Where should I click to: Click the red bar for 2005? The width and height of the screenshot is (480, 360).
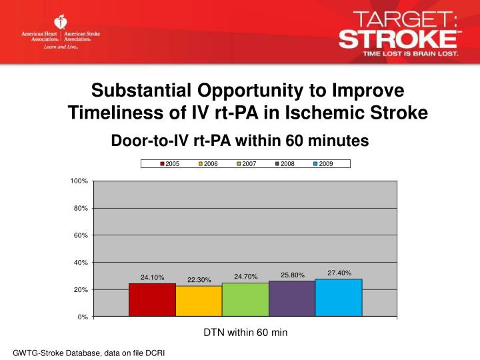(152, 300)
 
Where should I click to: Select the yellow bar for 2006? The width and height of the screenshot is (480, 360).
(199, 301)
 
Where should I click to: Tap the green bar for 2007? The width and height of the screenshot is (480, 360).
(245, 299)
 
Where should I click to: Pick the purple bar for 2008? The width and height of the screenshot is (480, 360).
(292, 299)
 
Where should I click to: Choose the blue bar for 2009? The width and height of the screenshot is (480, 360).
(339, 297)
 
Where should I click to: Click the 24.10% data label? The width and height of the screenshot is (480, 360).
(152, 277)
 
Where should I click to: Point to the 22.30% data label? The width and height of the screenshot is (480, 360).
(199, 280)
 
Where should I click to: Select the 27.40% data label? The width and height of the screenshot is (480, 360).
(339, 273)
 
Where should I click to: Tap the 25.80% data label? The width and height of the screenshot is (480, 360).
(293, 275)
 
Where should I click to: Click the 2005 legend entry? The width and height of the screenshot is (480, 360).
(169, 163)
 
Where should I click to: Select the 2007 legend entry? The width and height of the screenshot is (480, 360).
(246, 163)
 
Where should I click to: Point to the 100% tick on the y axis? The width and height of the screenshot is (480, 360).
(79, 181)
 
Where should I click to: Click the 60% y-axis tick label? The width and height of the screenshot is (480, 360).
(81, 235)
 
